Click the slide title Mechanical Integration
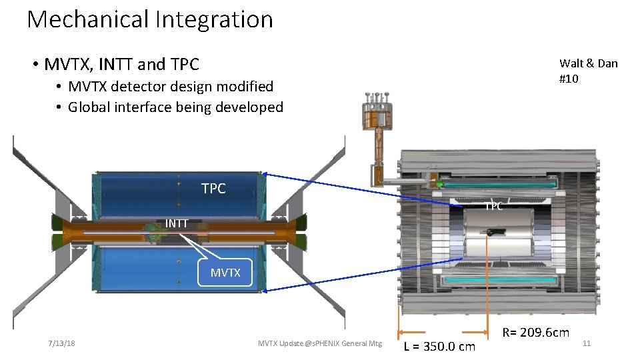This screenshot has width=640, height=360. (150, 19)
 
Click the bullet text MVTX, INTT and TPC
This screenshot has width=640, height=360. (121, 65)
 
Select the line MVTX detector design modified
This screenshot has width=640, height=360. (171, 87)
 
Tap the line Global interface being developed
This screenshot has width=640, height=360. (175, 107)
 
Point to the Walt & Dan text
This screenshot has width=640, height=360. (588, 63)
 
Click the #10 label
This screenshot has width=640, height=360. (569, 79)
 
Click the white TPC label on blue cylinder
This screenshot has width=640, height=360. (213, 189)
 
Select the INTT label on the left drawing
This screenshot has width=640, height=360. (177, 223)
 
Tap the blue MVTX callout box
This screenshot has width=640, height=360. (225, 272)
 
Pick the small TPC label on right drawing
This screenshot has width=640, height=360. (493, 207)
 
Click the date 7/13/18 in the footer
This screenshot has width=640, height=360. (61, 343)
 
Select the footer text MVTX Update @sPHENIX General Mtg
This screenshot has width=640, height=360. (320, 343)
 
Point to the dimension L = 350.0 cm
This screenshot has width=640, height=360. (440, 346)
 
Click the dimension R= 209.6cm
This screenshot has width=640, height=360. (535, 332)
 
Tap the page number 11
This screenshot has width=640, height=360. (587, 343)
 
